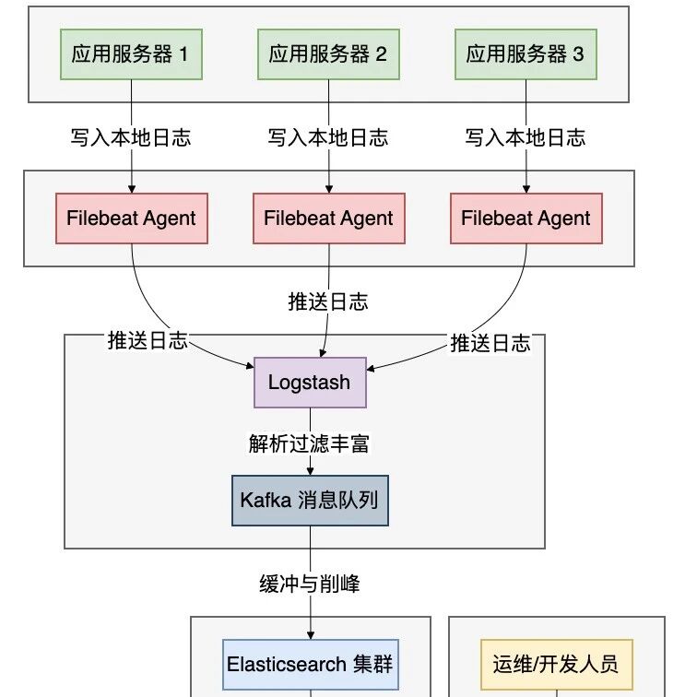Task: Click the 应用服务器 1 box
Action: tap(131, 54)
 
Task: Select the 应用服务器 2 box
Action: tap(328, 54)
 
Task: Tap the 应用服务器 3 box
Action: tap(526, 54)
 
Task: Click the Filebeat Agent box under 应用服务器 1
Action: tap(132, 219)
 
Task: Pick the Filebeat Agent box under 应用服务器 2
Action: tap(329, 219)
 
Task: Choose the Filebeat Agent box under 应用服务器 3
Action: tap(526, 219)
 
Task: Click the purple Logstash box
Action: tap(311, 383)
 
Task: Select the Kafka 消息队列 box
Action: tap(311, 501)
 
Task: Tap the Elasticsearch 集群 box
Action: tap(311, 665)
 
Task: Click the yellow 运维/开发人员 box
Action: tap(557, 665)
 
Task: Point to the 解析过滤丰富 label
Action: tap(309, 443)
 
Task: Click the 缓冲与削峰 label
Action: tap(310, 584)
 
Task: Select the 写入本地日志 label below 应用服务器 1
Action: tap(131, 137)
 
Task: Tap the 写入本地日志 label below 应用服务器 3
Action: tap(526, 137)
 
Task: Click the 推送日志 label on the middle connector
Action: tap(328, 301)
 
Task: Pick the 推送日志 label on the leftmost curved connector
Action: tap(148, 340)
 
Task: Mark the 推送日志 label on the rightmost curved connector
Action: tap(490, 343)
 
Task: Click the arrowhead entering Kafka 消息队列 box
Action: tap(311, 471)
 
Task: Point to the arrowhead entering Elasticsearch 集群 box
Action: tap(311, 635)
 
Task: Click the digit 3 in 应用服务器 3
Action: tap(578, 54)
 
